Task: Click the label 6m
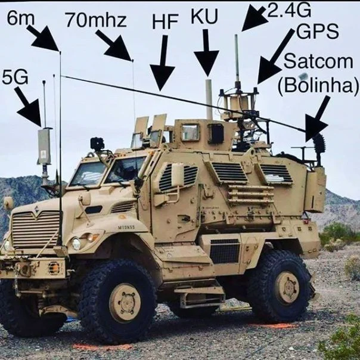click(21, 18)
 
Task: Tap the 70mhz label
click(96, 20)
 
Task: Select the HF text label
click(165, 22)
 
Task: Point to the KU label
click(204, 17)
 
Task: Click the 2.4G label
click(289, 10)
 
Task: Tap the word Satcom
click(318, 61)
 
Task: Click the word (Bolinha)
click(318, 85)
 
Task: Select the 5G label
click(15, 77)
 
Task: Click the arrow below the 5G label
click(28, 106)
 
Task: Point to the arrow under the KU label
click(206, 53)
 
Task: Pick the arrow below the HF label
click(163, 63)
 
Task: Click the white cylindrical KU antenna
click(209, 100)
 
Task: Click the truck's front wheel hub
click(125, 302)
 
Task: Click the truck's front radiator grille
click(36, 229)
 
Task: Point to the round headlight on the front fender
click(76, 243)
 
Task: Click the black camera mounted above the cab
click(97, 144)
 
